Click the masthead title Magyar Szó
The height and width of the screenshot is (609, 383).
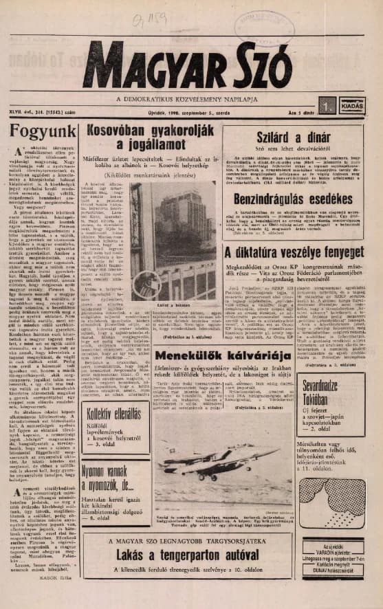tap(187, 65)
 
